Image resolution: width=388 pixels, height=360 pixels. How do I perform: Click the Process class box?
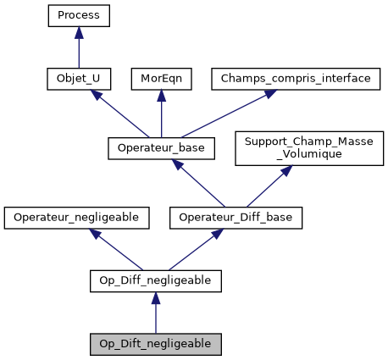pos(79,14)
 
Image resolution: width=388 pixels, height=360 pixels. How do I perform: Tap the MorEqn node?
pos(161,79)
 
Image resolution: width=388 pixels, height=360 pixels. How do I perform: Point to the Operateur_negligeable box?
pos(77,218)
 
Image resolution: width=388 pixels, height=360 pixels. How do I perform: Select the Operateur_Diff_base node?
pos(224,218)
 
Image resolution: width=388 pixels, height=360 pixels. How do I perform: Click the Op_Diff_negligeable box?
pos(156,280)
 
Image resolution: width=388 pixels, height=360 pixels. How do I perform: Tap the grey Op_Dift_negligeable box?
pos(156,344)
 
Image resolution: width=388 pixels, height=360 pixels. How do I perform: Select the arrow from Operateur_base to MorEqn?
pos(161,114)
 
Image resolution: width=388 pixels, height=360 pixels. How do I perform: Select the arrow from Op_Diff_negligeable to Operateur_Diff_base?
pos(191,249)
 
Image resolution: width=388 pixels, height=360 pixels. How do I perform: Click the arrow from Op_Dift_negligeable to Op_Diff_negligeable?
pos(156,313)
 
